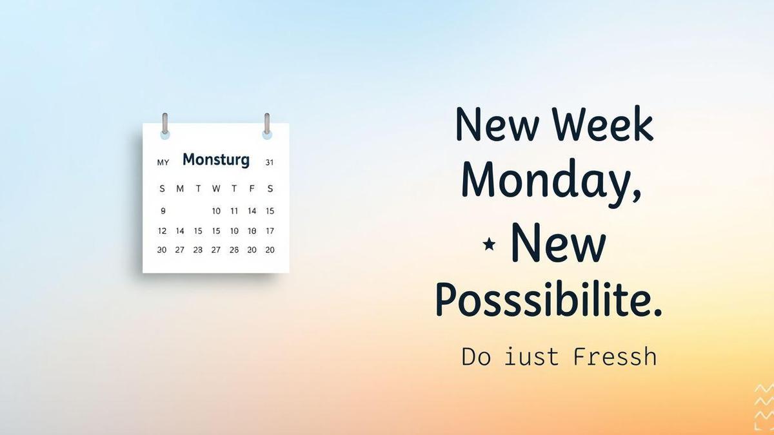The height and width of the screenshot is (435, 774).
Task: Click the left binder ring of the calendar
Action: [x=165, y=125]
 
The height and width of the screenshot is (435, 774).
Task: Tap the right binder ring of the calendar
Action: [x=267, y=125]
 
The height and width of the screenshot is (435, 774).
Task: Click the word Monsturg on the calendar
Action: [x=216, y=160]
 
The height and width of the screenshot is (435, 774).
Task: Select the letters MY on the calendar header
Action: [x=163, y=162]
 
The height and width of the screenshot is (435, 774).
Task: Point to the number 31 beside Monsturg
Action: [x=270, y=162]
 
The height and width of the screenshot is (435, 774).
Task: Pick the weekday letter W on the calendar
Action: [x=216, y=189]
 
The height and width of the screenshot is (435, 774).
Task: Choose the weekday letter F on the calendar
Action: [x=252, y=189]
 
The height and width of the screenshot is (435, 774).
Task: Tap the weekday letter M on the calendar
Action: [x=180, y=189]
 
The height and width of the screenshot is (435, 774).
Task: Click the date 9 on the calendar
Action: [x=163, y=211]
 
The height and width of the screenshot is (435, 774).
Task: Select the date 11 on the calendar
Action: [x=234, y=211]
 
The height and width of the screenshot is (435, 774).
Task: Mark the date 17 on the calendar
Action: [x=270, y=231]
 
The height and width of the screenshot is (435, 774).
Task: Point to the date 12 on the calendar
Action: [x=163, y=231]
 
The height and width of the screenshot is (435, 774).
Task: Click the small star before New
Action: [x=489, y=244]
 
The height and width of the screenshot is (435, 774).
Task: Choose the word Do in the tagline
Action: [x=476, y=356]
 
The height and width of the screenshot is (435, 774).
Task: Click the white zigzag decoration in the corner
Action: [x=763, y=407]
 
